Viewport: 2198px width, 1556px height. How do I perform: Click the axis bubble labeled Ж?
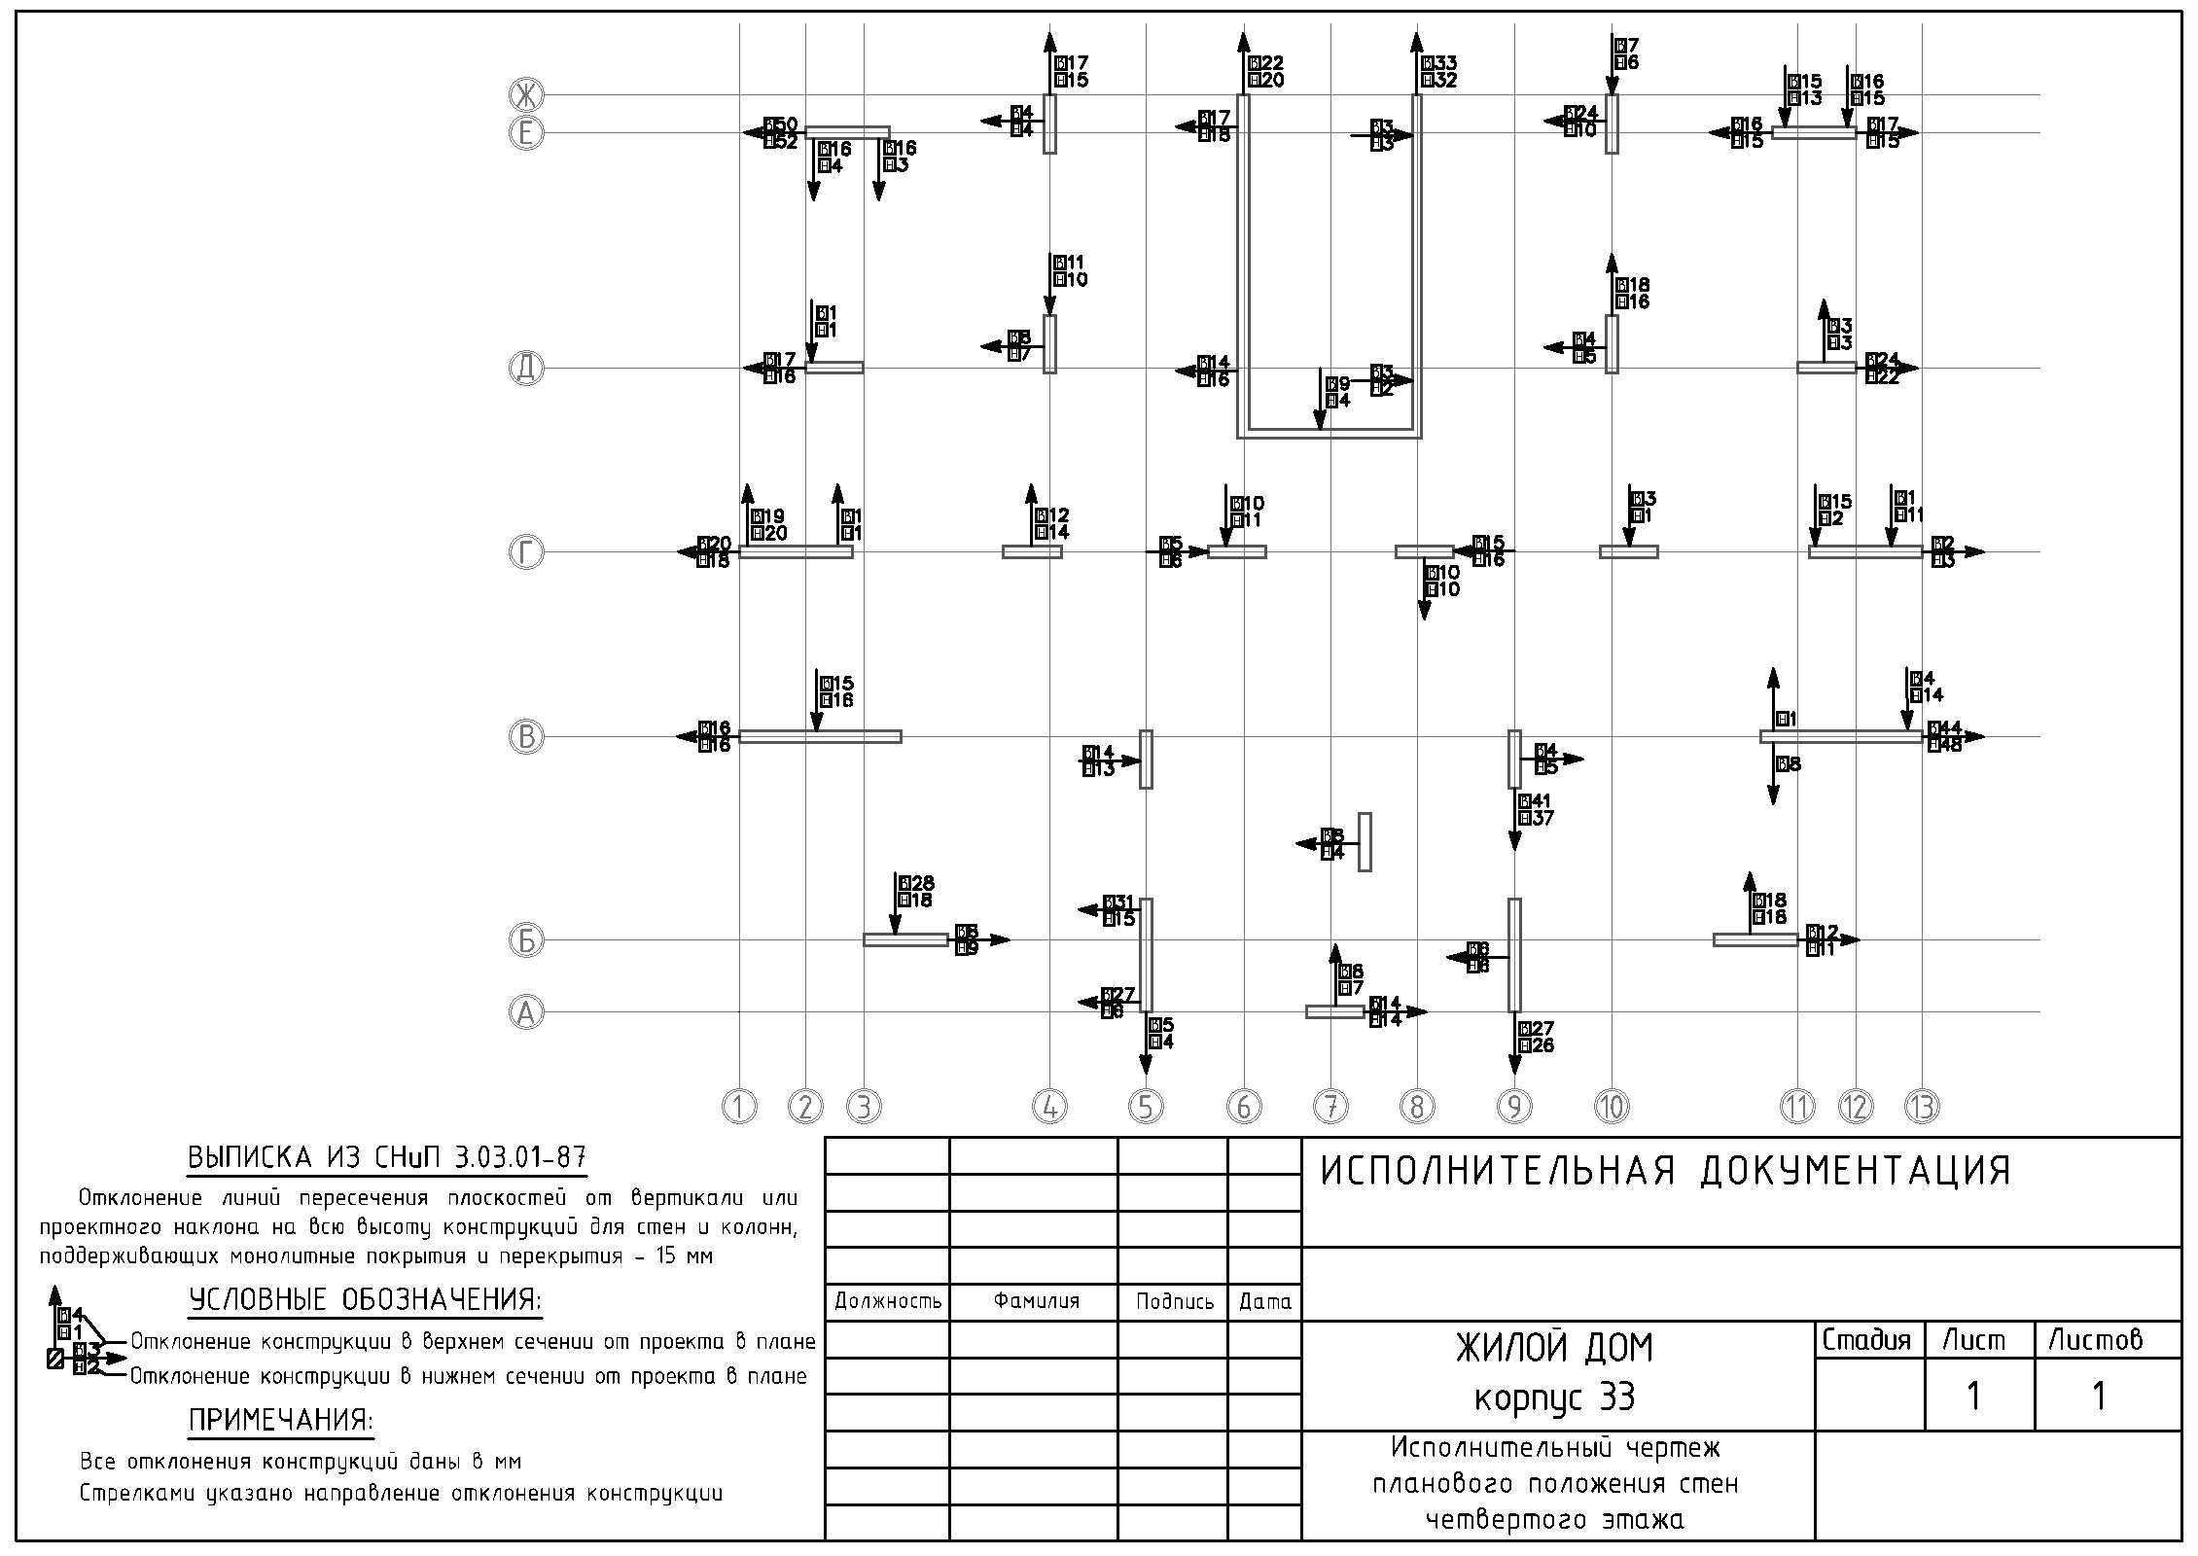pyautogui.click(x=526, y=95)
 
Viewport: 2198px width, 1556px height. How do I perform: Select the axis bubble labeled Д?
pyautogui.click(x=526, y=369)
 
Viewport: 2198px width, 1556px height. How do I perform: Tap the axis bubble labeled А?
pyautogui.click(x=526, y=1013)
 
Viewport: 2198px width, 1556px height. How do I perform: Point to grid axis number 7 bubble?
pyautogui.click(x=1330, y=1107)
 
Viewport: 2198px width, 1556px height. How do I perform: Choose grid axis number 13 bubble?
pyautogui.click(x=1922, y=1107)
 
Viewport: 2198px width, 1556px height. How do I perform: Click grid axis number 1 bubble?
pyautogui.click(x=739, y=1107)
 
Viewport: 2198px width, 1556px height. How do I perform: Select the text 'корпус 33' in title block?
pyautogui.click(x=1555, y=1397)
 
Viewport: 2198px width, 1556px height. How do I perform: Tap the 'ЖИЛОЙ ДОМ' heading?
pyautogui.click(x=1554, y=1348)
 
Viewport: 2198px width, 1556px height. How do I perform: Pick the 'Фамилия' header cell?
pyautogui.click(x=1037, y=1301)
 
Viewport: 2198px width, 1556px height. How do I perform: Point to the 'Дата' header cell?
pyautogui.click(x=1264, y=1301)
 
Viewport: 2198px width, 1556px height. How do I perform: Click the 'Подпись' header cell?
pyautogui.click(x=1175, y=1301)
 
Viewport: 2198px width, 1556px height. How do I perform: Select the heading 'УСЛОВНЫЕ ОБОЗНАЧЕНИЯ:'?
pyautogui.click(x=366, y=1300)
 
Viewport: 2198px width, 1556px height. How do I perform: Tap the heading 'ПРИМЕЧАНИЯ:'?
pyautogui.click(x=281, y=1421)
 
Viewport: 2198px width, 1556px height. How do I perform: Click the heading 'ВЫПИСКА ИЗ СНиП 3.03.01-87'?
pyautogui.click(x=387, y=1157)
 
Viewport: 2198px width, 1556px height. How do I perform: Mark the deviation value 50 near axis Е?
pyautogui.click(x=786, y=124)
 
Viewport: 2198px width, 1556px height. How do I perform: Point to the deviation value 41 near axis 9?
pyautogui.click(x=1541, y=801)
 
